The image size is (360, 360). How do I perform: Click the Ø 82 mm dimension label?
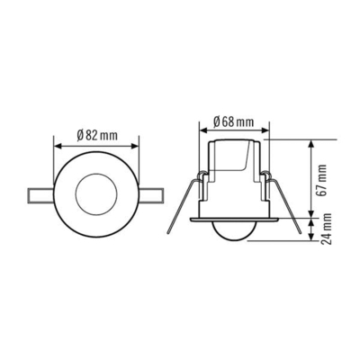pyautogui.click(x=97, y=135)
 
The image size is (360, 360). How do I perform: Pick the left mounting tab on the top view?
pyautogui.click(x=41, y=193)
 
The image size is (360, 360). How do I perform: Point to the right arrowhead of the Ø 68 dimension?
pyautogui.click(x=265, y=131)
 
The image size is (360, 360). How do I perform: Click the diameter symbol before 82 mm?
pyautogui.click(x=81, y=135)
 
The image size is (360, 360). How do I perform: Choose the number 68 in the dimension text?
pyautogui.click(x=232, y=121)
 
